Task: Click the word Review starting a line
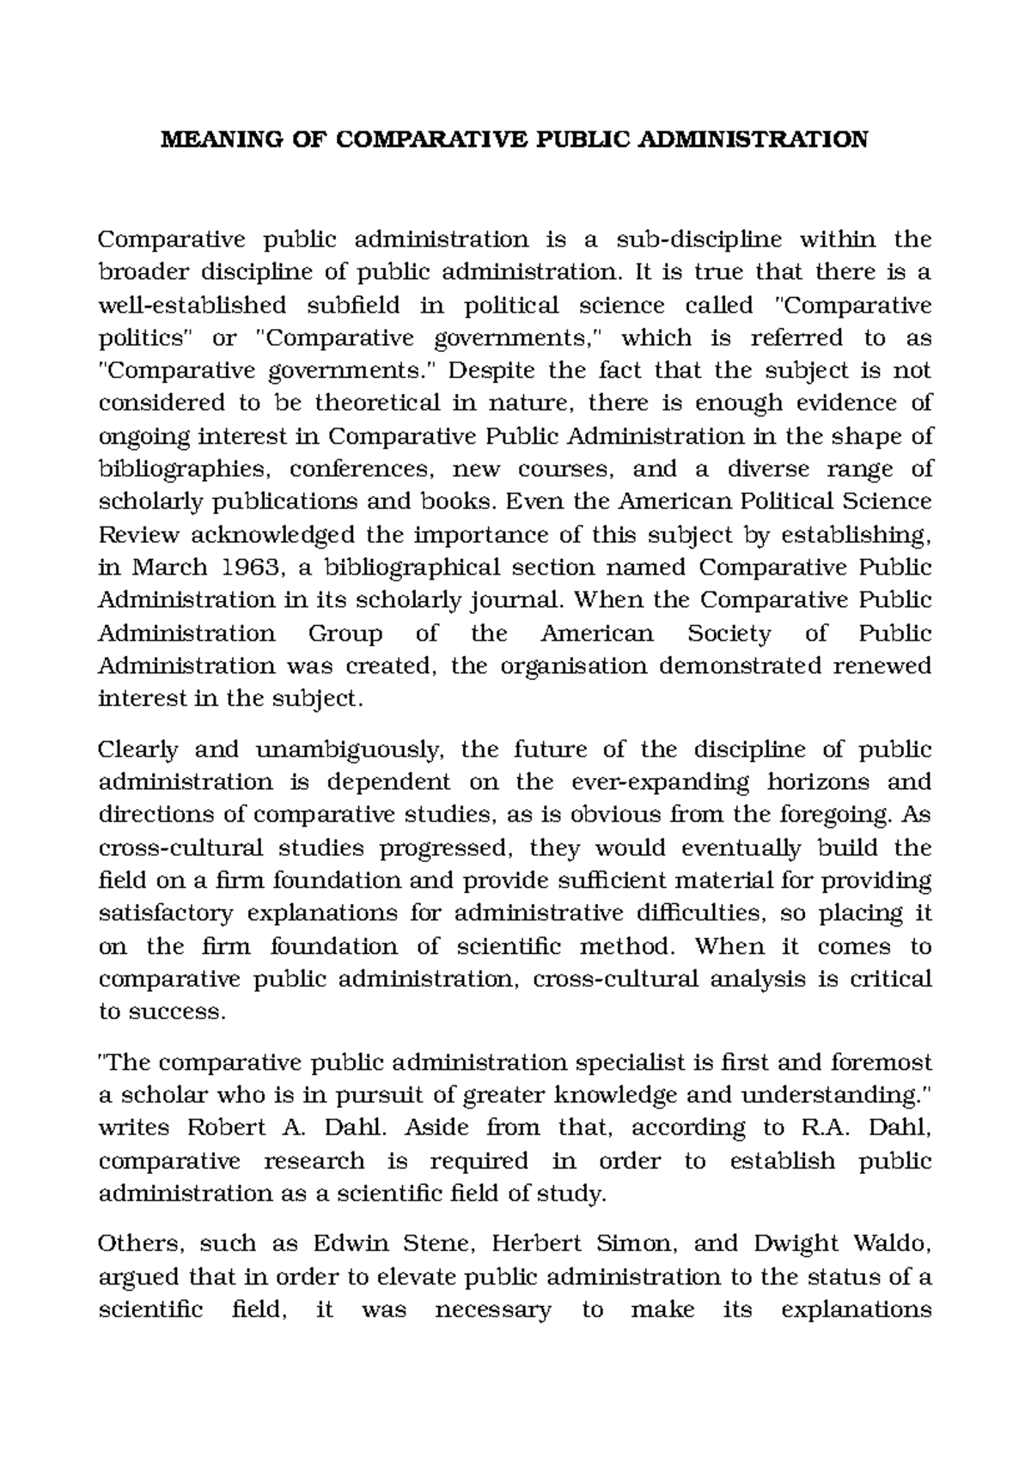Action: point(139,535)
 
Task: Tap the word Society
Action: point(729,634)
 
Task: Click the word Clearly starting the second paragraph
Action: point(138,750)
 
